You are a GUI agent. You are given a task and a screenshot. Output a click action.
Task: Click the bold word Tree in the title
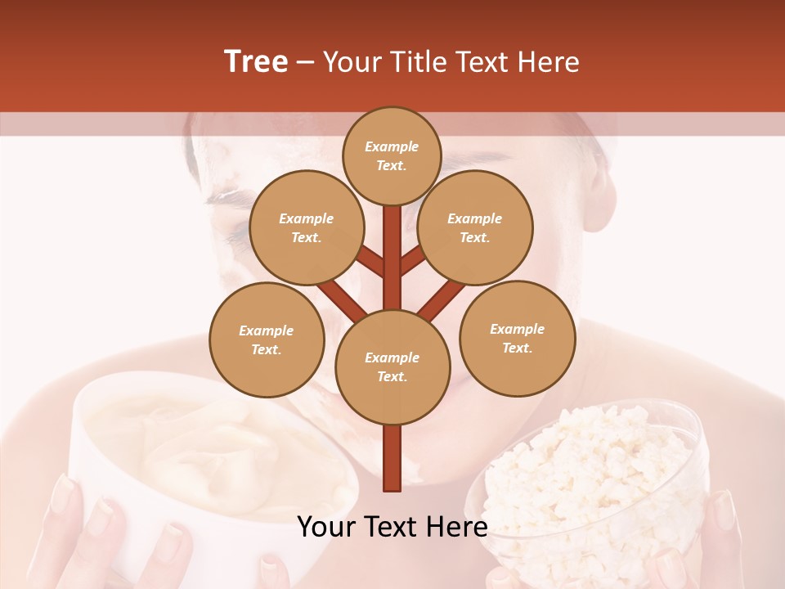click(256, 62)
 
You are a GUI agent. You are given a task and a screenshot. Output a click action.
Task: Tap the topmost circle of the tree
click(392, 155)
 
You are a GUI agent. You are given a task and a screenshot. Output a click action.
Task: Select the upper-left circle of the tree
click(306, 227)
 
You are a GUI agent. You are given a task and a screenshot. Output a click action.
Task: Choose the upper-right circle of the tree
click(475, 227)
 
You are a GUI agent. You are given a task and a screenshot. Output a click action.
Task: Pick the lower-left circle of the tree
click(267, 339)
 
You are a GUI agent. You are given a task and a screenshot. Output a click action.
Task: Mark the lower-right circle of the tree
click(517, 338)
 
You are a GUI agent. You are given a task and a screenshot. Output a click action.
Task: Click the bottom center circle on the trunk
click(392, 366)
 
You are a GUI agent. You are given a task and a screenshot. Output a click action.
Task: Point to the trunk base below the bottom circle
click(392, 458)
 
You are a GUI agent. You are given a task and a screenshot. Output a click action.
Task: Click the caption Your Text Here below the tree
click(392, 527)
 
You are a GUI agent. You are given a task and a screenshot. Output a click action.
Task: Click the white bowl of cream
click(204, 458)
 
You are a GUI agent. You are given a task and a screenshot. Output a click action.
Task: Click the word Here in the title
click(550, 62)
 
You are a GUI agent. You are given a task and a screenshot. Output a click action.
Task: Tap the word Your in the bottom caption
click(325, 527)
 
